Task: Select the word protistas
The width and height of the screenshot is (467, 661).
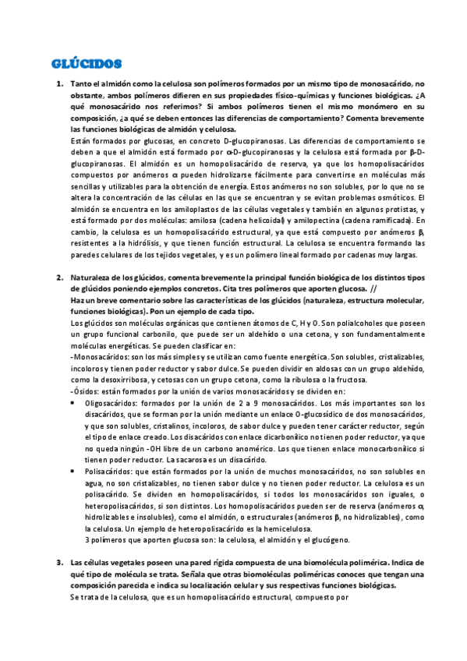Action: click(396, 211)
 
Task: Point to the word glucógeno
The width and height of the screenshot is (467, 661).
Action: click(331, 539)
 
